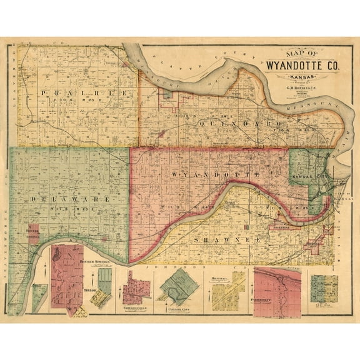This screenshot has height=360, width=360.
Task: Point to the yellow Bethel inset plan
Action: [226, 290]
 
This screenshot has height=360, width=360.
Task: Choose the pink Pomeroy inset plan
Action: [277, 287]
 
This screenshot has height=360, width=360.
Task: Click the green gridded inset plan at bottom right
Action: [324, 288]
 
